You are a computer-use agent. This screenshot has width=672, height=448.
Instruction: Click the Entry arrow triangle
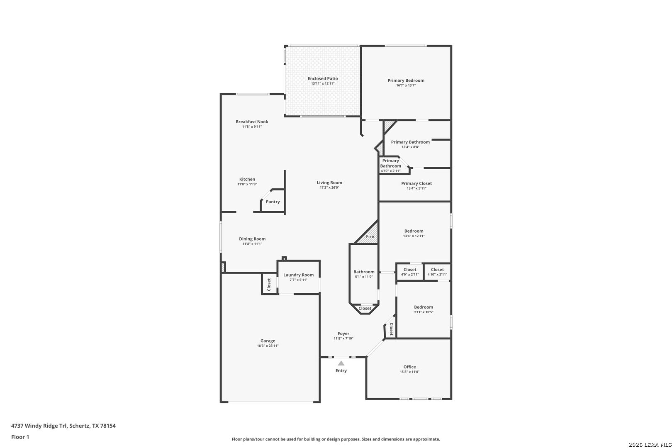tap(341, 363)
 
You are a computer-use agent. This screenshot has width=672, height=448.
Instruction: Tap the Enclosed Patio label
tap(323, 79)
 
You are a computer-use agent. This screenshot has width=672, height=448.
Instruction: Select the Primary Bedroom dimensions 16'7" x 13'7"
tap(406, 85)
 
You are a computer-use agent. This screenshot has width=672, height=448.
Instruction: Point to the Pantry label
tap(273, 202)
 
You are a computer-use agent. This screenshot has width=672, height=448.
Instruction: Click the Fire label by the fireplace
tap(370, 236)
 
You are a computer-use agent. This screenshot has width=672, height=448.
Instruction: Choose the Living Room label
tap(329, 183)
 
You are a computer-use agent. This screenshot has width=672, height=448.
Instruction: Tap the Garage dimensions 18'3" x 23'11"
tap(268, 346)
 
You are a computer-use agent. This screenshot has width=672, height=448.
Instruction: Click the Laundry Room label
tap(299, 275)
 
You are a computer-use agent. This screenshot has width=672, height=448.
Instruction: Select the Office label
tap(409, 367)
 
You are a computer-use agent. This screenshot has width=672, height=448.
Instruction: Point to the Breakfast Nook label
tap(252, 122)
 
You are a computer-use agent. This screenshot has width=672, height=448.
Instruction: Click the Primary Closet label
tap(416, 183)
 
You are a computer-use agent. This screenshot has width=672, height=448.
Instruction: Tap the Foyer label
tap(343, 334)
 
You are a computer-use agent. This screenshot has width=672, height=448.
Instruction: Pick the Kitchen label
tap(247, 179)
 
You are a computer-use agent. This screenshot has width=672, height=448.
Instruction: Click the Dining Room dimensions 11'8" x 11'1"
tap(252, 244)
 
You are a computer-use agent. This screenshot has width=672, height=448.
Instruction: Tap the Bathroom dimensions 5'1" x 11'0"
tap(364, 277)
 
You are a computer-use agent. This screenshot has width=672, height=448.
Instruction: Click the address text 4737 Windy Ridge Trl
tap(39, 426)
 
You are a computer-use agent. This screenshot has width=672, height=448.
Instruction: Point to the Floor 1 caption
tap(20, 437)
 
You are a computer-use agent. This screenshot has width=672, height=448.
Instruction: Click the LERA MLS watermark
tap(650, 445)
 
